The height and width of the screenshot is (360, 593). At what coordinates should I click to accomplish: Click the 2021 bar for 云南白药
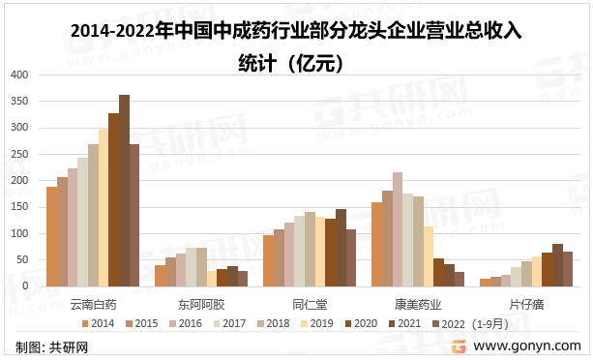pyautogui.click(x=124, y=191)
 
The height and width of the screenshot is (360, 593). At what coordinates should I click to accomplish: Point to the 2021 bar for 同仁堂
pyautogui.click(x=341, y=248)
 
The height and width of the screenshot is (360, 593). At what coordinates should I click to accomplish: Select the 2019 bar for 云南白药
pyautogui.click(x=104, y=208)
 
